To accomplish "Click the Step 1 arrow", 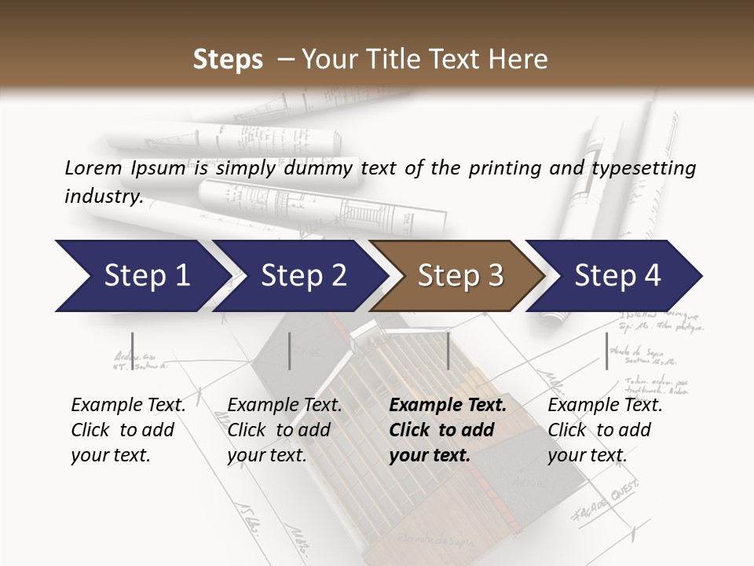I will (x=141, y=276).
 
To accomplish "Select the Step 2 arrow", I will (x=302, y=276).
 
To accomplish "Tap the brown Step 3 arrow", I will (x=459, y=276).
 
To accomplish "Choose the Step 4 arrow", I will (x=617, y=276).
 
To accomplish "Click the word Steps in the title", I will (x=228, y=60).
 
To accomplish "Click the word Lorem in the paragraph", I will (x=93, y=167).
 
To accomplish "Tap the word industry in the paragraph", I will (x=103, y=197).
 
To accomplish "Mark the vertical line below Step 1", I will (x=133, y=351).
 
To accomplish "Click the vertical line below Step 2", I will (x=290, y=351).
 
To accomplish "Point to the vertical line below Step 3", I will (x=448, y=351).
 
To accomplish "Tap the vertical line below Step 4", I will (x=606, y=351).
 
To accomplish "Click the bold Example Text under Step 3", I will (x=448, y=406).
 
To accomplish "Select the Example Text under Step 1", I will (x=128, y=406).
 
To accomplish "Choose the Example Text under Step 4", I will (x=605, y=406).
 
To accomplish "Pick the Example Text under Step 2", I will (x=284, y=406).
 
